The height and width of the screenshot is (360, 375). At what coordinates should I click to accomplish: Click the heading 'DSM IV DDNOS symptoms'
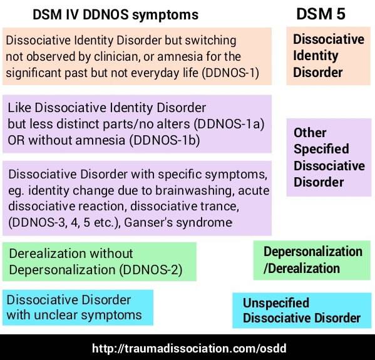tap(116, 15)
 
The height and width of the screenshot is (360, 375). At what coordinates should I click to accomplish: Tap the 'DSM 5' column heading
tap(321, 14)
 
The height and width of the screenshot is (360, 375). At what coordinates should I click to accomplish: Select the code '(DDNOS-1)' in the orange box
tap(230, 73)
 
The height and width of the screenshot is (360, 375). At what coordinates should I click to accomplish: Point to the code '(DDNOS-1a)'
tap(229, 124)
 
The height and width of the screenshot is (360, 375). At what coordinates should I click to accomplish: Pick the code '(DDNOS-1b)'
tap(165, 140)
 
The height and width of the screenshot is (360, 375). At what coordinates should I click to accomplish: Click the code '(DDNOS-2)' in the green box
tap(151, 270)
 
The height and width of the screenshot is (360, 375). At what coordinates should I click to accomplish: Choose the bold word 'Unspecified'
tap(276, 303)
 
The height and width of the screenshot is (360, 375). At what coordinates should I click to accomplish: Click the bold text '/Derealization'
tap(302, 269)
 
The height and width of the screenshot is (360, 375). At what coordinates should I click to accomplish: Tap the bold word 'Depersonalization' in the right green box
tap(313, 252)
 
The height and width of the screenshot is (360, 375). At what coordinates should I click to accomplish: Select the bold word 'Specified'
tap(321, 149)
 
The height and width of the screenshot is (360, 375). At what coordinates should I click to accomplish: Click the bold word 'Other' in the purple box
tap(310, 133)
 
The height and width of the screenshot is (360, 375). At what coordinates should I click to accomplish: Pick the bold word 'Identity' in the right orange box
tap(316, 56)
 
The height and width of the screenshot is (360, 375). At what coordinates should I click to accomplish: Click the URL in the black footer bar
tap(189, 348)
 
